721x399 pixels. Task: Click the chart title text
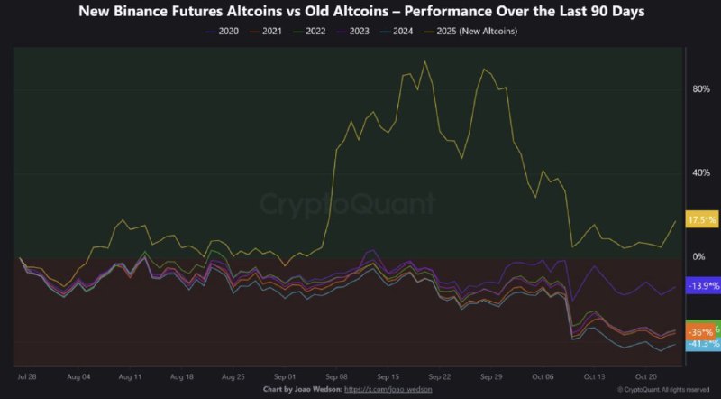click(360, 12)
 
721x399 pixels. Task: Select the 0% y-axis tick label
click(699, 256)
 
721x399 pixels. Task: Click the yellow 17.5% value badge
click(702, 220)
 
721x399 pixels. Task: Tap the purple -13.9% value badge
click(702, 286)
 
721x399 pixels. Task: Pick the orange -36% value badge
click(700, 332)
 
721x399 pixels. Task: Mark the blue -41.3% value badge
click(702, 344)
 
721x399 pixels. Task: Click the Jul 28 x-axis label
click(28, 375)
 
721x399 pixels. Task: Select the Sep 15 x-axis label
click(388, 375)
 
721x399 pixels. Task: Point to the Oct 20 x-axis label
click(645, 375)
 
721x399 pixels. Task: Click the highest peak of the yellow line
click(424, 62)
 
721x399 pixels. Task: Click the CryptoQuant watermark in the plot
click(347, 204)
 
